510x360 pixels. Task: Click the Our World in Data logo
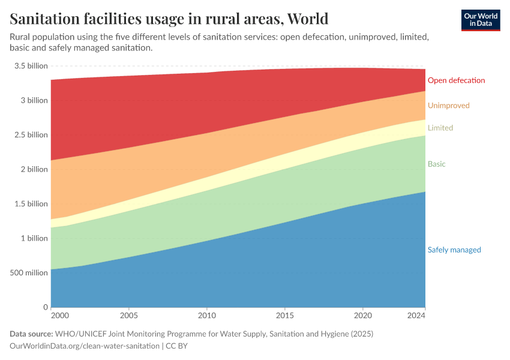[480, 20]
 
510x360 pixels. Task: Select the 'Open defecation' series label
[456, 80]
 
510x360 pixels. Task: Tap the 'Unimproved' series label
[448, 106]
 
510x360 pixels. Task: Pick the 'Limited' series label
[440, 128]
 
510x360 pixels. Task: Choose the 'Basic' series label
[436, 164]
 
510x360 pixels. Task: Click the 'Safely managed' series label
[454, 250]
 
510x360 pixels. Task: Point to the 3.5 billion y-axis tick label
[31, 66]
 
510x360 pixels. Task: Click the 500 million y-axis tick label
[28, 272]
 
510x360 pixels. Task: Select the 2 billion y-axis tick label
[35, 169]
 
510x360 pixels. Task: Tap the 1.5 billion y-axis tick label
[31, 203]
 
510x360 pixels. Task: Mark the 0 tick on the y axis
[45, 307]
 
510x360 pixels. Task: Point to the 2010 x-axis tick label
[206, 316]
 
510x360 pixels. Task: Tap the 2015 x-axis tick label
[284, 316]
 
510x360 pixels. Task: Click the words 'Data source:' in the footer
[31, 334]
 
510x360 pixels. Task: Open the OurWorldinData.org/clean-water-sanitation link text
[85, 346]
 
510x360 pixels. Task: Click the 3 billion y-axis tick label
[35, 100]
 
